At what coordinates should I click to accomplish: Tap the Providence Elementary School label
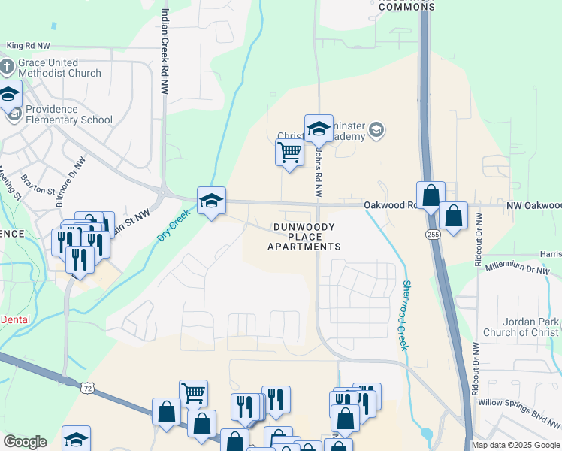[x=68, y=114]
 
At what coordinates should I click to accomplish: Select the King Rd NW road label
[x=28, y=46]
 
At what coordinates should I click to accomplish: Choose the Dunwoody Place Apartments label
[x=307, y=236]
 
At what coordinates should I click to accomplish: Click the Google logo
[x=25, y=442]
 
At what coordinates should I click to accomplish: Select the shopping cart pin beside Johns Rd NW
[x=289, y=153]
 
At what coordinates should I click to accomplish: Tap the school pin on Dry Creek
[x=211, y=201]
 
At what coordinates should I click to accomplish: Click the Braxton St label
[x=40, y=182]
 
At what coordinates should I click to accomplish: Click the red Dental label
[x=15, y=319]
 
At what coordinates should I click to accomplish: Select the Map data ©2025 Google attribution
[x=515, y=445]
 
